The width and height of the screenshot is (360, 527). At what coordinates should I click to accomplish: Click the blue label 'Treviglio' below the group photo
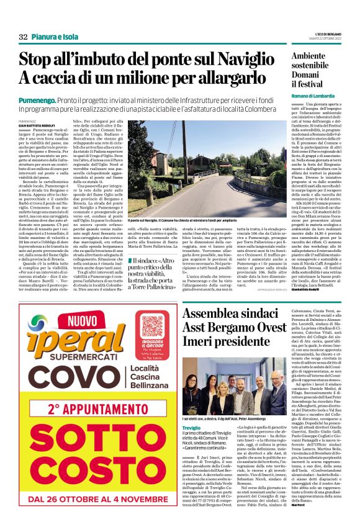coord(192,410)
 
